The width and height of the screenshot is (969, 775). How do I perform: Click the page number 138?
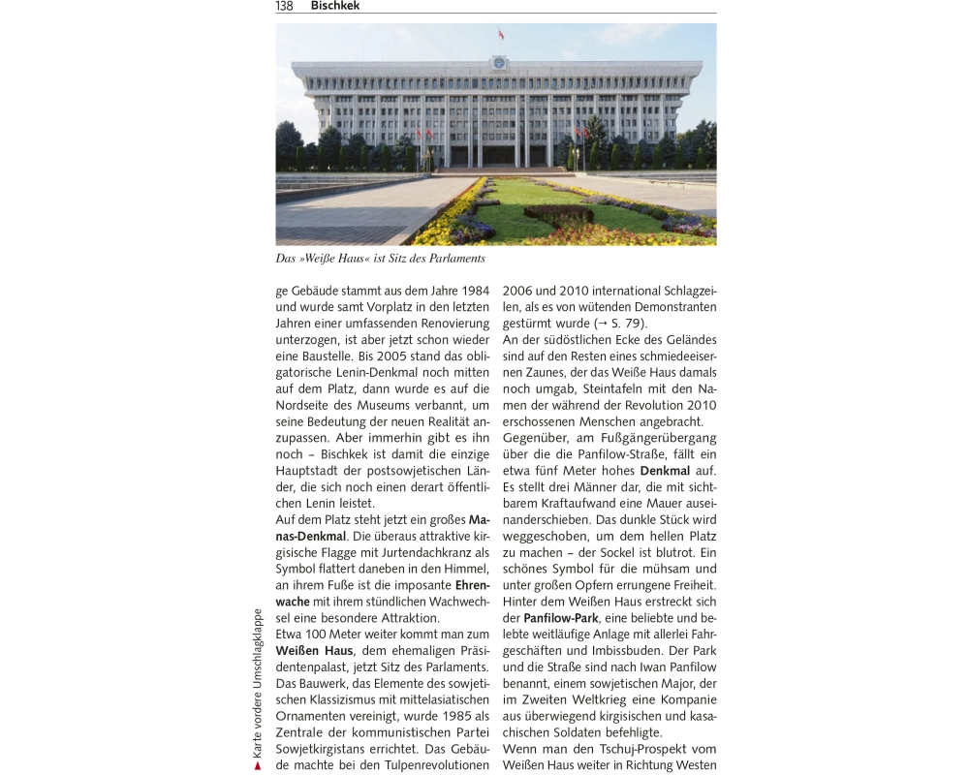click(285, 6)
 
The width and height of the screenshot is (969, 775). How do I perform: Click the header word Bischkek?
click(335, 6)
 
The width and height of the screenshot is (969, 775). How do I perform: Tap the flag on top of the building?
click(501, 35)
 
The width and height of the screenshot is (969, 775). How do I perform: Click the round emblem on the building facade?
click(499, 63)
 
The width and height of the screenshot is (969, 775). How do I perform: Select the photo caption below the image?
click(380, 259)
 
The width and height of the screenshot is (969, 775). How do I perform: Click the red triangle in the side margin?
click(257, 765)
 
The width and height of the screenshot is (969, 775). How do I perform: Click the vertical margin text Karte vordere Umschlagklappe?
click(257, 683)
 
